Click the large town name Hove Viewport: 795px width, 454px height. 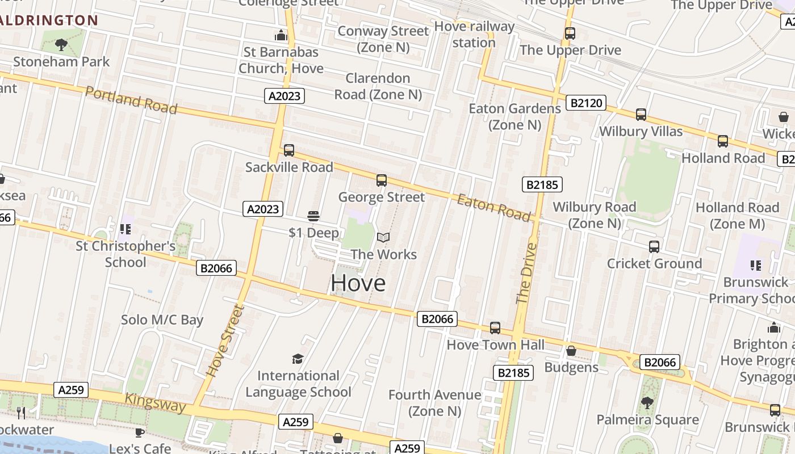pyautogui.click(x=358, y=283)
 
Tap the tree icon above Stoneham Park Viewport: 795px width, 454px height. pyautogui.click(x=61, y=44)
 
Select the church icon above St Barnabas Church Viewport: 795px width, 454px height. pyautogui.click(x=281, y=36)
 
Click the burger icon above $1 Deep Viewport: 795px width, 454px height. pyautogui.click(x=313, y=216)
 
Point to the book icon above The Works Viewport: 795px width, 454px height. pyautogui.click(x=383, y=237)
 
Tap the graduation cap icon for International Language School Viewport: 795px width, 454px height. pyautogui.click(x=298, y=358)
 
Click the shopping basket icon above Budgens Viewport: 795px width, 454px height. pyautogui.click(x=571, y=351)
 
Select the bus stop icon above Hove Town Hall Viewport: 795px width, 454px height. pyautogui.click(x=495, y=327)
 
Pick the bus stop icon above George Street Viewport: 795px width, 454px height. pyautogui.click(x=382, y=180)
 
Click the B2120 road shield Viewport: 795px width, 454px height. pyautogui.click(x=586, y=103)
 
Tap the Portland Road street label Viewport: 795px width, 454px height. pyautogui.click(x=131, y=100)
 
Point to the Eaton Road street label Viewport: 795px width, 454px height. pyautogui.click(x=494, y=207)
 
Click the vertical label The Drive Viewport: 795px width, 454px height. pyautogui.click(x=526, y=273)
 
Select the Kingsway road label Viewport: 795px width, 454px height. pyautogui.click(x=155, y=402)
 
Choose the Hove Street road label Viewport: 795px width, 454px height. pyautogui.click(x=225, y=340)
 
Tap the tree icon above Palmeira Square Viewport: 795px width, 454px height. pyautogui.click(x=646, y=403)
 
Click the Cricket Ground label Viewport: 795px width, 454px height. pyautogui.click(x=654, y=263)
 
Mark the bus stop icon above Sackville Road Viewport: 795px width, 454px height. pyautogui.click(x=289, y=150)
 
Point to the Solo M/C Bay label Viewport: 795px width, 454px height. pyautogui.click(x=162, y=320)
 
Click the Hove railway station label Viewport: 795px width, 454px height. pyautogui.click(x=474, y=34)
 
